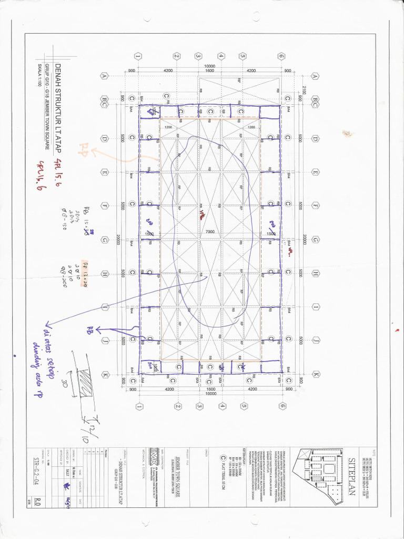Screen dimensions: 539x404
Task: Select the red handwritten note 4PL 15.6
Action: point(58,167)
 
